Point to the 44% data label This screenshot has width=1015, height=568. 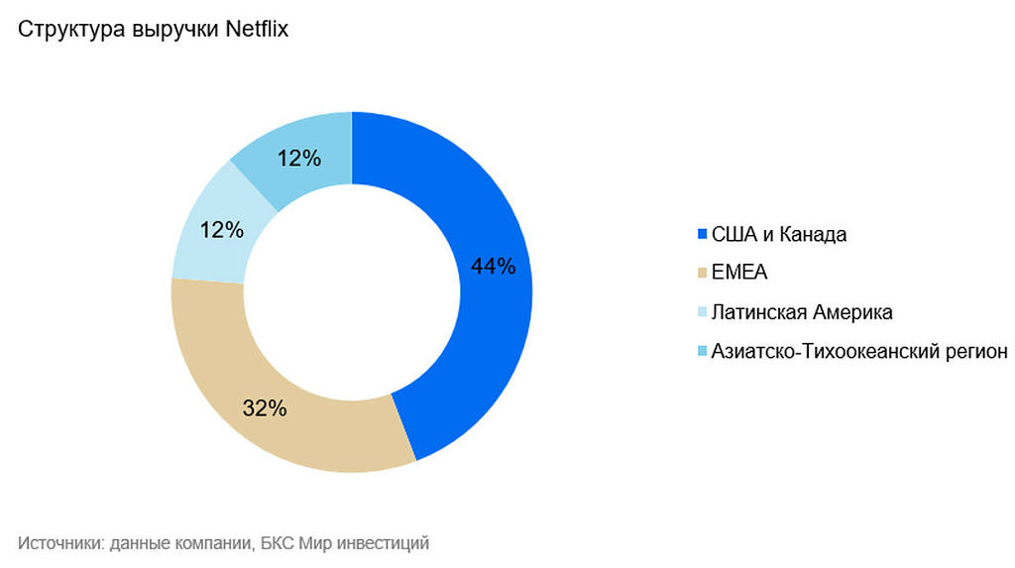pos(493,266)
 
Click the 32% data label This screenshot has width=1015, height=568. pos(266,407)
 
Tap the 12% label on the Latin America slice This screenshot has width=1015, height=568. pos(221,230)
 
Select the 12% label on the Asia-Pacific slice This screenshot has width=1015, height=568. pos(298,158)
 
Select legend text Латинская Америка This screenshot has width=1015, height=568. pos(802,312)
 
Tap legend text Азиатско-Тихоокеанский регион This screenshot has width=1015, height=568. pos(859,351)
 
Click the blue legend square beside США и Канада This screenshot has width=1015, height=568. pos(703,234)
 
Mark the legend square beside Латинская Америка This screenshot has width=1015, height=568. pos(703,312)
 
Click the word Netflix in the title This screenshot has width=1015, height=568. pos(256,29)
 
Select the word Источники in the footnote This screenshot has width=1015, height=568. pos(58,542)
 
